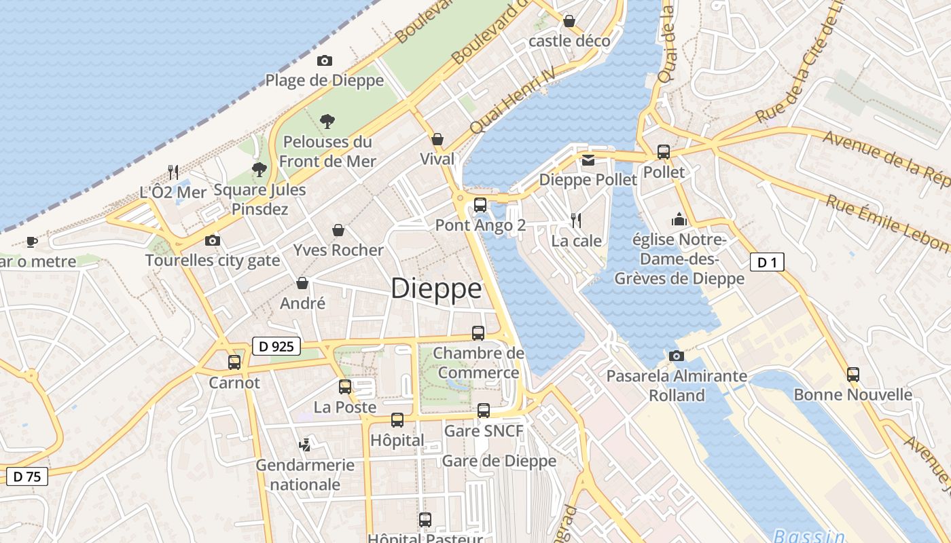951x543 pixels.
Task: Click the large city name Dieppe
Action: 436,288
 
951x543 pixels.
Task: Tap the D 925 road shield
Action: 276,346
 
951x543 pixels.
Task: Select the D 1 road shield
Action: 767,262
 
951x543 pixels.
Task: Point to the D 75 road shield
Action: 27,476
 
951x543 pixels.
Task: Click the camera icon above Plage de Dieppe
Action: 325,60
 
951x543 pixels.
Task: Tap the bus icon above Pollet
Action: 664,152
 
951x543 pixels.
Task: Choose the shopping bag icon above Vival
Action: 437,139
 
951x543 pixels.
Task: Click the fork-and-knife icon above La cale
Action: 576,220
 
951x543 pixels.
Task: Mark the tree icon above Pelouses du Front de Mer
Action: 327,121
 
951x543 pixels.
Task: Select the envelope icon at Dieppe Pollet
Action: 588,160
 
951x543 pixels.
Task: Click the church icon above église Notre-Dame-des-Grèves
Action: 679,219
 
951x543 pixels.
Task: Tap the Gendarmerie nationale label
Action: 305,474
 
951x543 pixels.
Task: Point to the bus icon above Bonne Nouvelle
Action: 853,374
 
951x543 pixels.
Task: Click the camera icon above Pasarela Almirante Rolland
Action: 676,356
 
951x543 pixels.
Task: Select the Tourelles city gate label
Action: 213,260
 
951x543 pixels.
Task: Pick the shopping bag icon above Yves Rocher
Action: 338,230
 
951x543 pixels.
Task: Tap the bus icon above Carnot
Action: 234,362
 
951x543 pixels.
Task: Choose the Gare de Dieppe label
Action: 499,461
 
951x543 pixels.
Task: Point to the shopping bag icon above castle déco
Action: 569,21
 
